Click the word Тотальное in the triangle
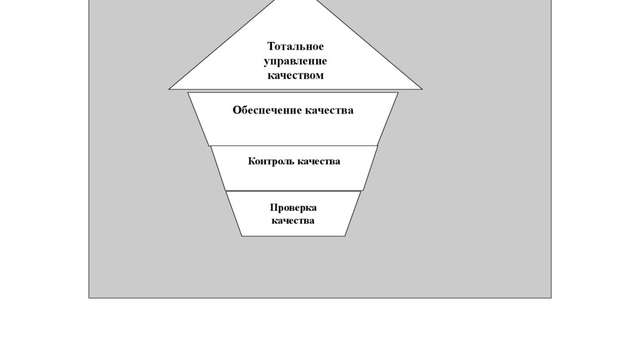[295, 46]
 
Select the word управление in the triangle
[295, 61]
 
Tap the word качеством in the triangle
[295, 75]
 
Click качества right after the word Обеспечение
[329, 110]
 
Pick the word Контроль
[271, 161]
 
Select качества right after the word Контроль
[319, 161]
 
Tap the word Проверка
[293, 208]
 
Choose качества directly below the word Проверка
[293, 221]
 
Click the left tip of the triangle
[169, 89]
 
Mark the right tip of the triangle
[422, 89]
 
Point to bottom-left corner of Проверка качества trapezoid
[242, 236]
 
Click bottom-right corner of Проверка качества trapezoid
[345, 236]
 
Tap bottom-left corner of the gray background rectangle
[89, 297]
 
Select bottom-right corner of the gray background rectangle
[551, 297]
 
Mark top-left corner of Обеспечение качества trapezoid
[188, 93]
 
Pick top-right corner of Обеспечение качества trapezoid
[398, 93]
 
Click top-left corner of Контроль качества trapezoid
[211, 146]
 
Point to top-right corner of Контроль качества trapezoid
[378, 146]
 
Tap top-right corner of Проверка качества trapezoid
[361, 191]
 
